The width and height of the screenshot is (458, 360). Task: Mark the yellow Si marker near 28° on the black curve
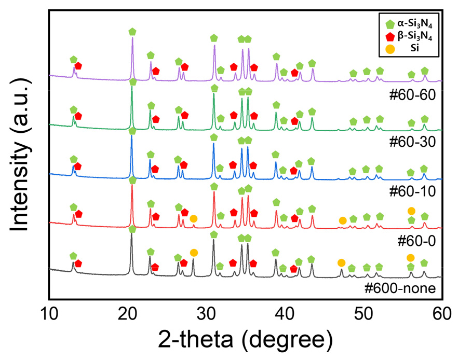pyautogui.click(x=194, y=253)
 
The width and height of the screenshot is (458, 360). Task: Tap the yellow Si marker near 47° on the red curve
pyautogui.click(x=343, y=221)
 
